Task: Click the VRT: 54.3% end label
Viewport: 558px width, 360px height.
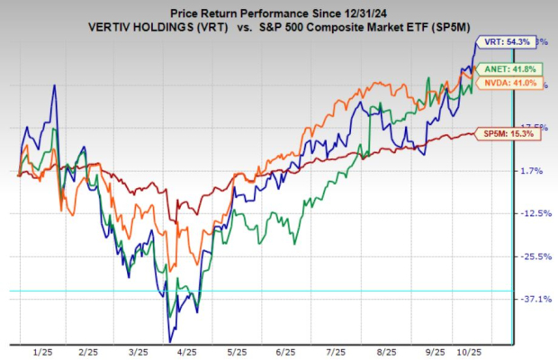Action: coord(500,41)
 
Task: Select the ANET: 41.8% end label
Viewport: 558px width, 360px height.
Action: coord(500,69)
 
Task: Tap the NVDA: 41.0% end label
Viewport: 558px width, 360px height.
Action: coord(500,83)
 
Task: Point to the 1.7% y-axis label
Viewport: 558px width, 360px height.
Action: coord(535,170)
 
